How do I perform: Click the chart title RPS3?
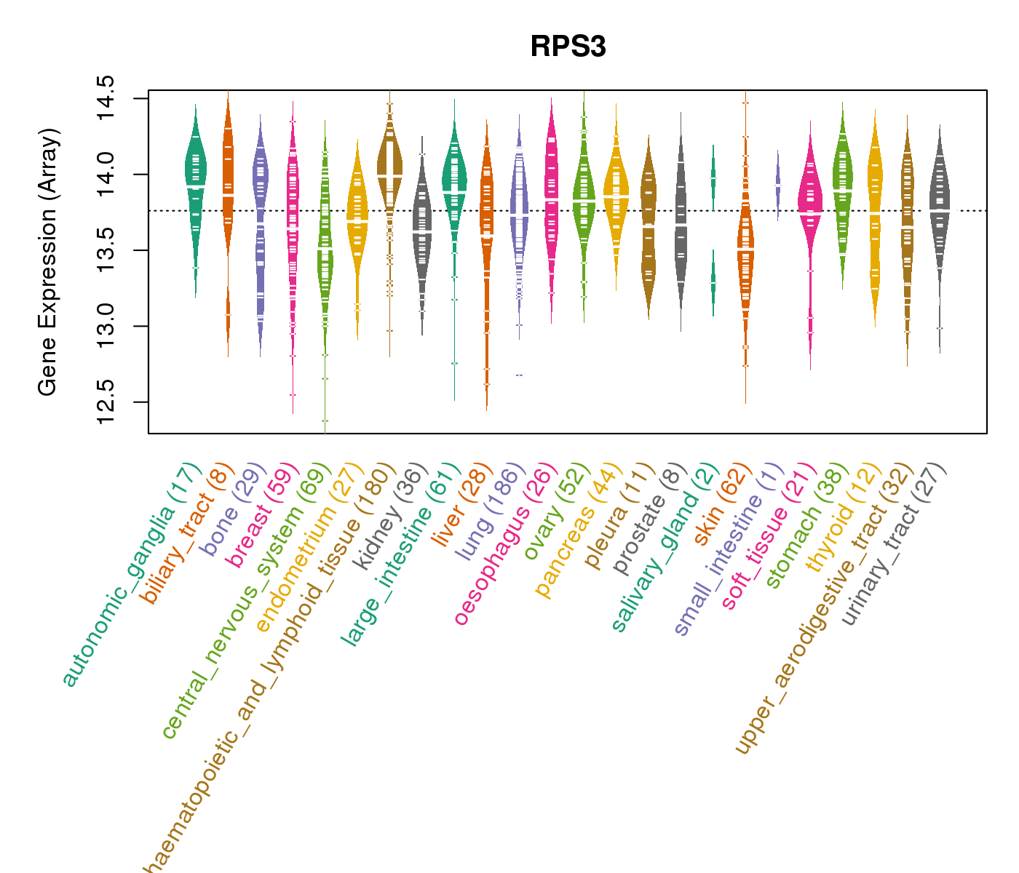tap(568, 47)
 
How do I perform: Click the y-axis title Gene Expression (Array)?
tap(47, 262)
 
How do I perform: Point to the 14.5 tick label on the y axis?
tap(106, 98)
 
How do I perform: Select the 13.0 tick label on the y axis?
tap(106, 325)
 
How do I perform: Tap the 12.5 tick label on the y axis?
tap(106, 401)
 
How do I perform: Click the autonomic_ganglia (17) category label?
tap(131, 575)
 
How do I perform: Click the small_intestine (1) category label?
tap(728, 549)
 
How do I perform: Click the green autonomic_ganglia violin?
tap(195, 182)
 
